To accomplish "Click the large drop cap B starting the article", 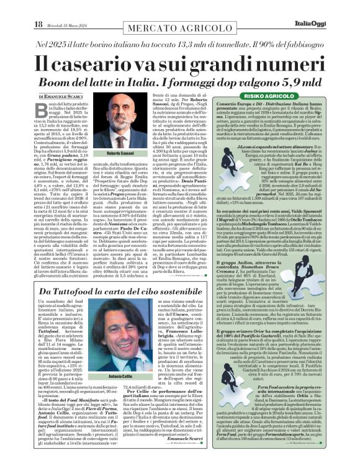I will [x=43, y=110].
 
